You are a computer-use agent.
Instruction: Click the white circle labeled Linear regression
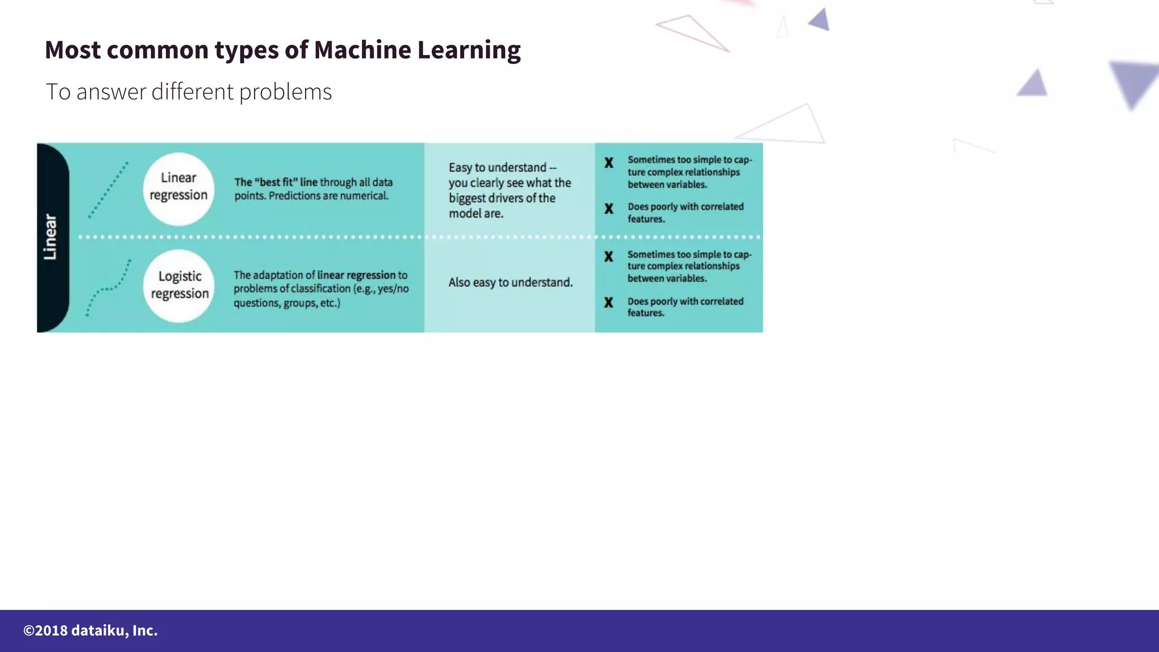178,188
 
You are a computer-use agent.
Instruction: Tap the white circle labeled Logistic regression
179,285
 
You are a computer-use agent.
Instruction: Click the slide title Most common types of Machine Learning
282,50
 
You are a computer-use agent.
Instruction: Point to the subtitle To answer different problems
188,92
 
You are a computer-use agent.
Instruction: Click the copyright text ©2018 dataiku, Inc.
91,630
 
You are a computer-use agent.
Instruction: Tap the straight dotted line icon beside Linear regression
108,190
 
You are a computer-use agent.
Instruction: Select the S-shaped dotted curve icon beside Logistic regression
108,288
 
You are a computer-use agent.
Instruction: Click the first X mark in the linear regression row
609,163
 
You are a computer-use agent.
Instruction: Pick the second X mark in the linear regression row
609,209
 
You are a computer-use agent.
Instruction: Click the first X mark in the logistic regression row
609,257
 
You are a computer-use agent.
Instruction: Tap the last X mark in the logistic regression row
609,303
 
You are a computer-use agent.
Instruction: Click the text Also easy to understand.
510,282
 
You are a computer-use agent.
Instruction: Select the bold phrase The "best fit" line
276,182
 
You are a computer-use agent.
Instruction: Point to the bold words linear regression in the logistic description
356,275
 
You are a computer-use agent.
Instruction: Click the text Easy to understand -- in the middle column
502,168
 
